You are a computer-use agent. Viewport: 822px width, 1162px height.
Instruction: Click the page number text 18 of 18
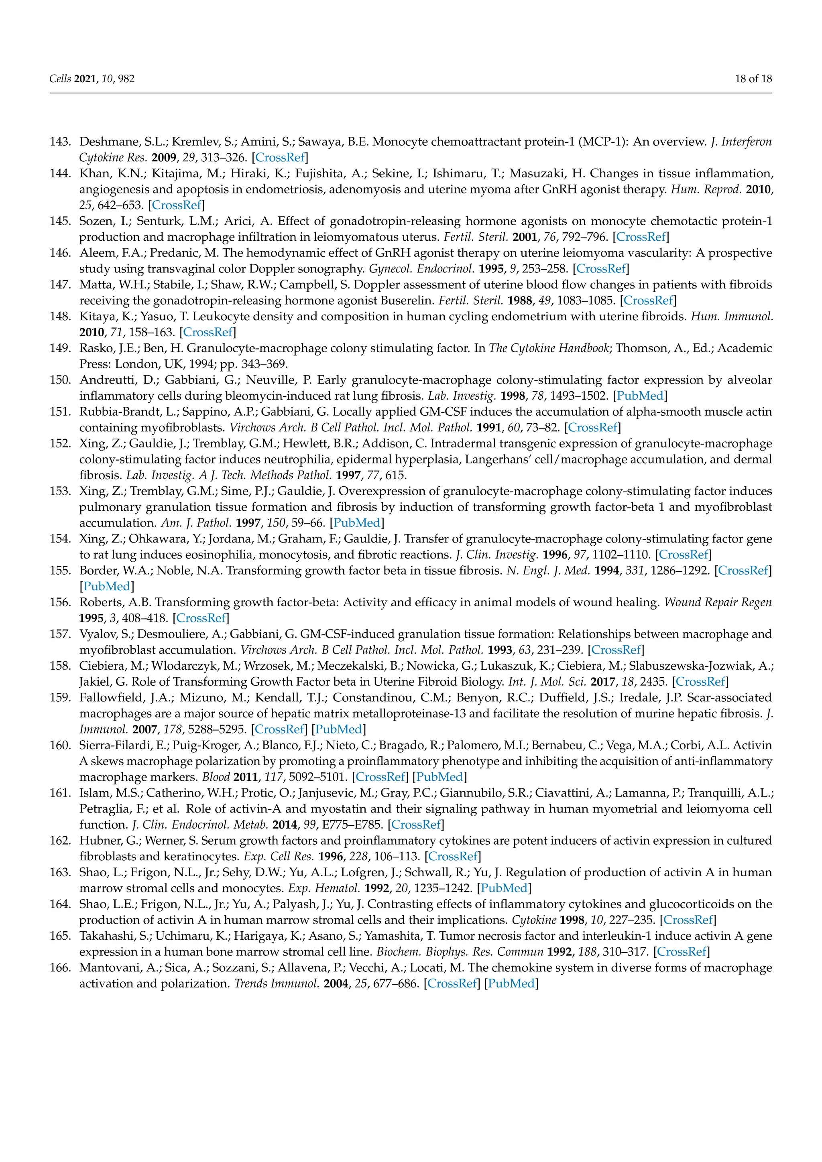tap(753, 79)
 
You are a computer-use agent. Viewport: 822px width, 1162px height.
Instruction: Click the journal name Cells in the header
tap(60, 79)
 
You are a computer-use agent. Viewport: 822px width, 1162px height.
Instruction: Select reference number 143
tap(60, 142)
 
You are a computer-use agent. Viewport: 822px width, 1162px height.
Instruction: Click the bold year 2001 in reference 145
tap(525, 237)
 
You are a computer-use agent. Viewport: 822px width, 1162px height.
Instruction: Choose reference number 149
tap(60, 348)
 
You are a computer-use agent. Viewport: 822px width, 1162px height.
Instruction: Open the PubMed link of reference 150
tap(640, 396)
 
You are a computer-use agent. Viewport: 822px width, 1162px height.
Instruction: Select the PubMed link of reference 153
tap(356, 523)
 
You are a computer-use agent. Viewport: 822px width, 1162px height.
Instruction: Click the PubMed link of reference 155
tap(107, 586)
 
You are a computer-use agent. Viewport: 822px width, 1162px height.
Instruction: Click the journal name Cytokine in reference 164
tap(530, 920)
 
